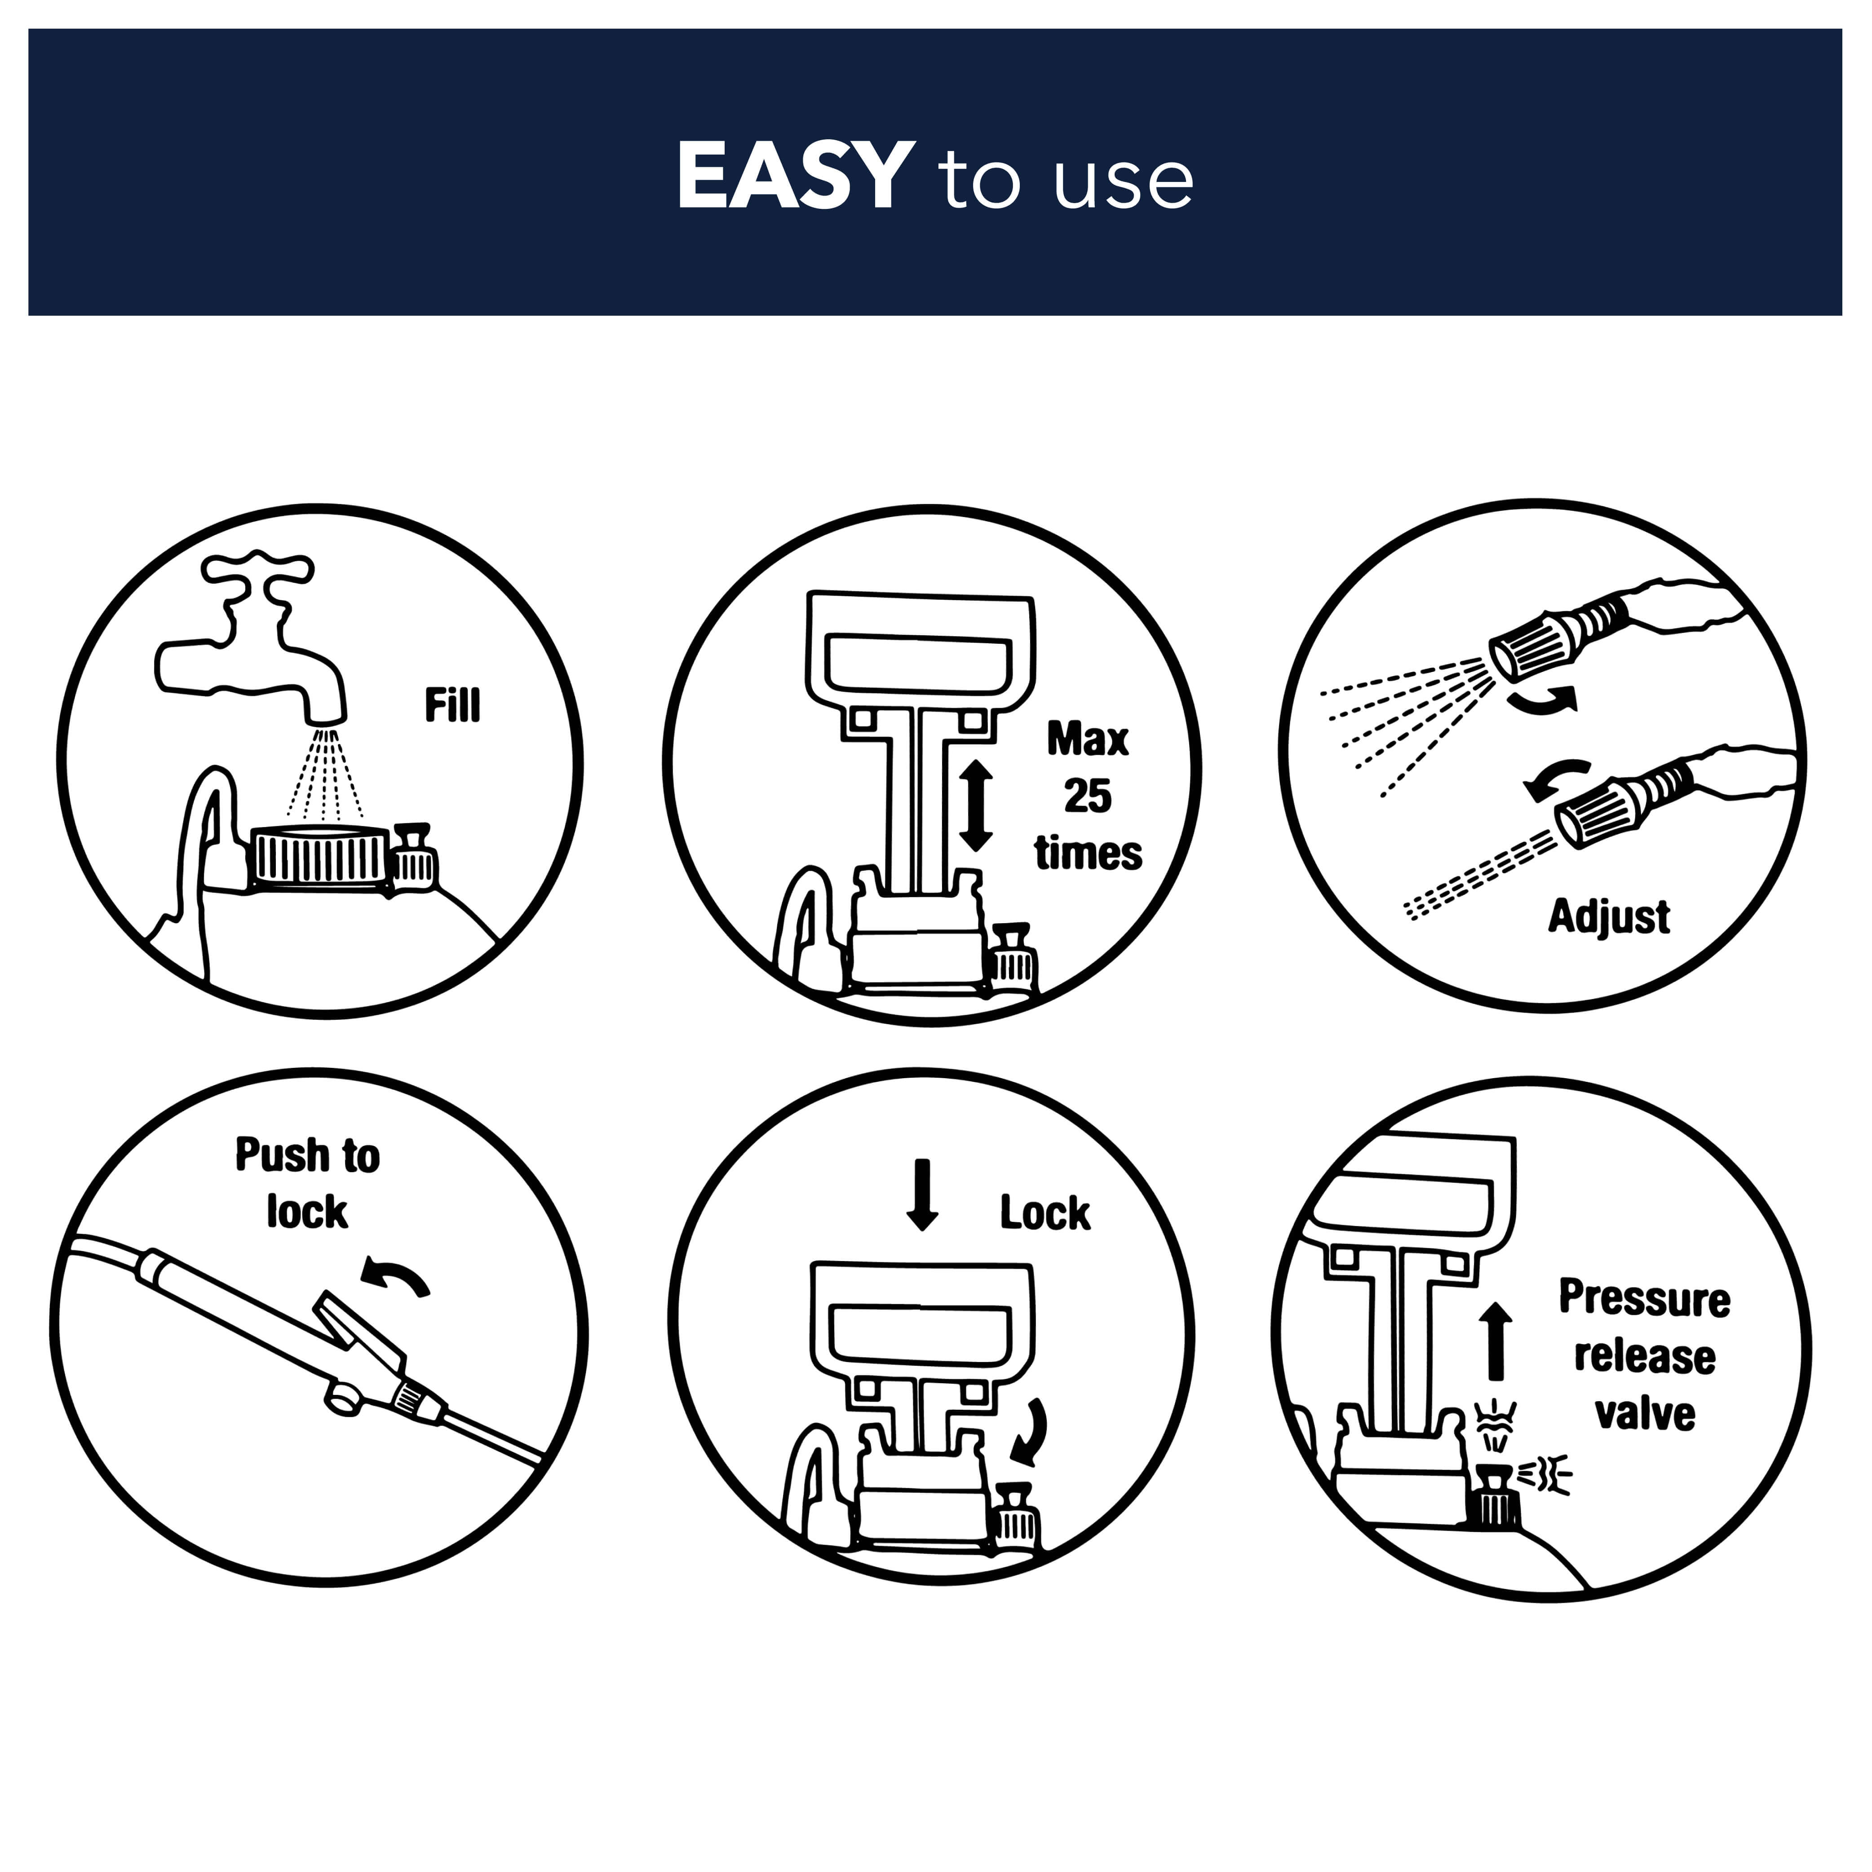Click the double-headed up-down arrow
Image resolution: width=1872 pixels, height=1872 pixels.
[x=976, y=806]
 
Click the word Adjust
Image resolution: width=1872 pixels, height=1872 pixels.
[x=1608, y=916]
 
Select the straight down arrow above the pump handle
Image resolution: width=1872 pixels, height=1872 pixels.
[x=921, y=1195]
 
